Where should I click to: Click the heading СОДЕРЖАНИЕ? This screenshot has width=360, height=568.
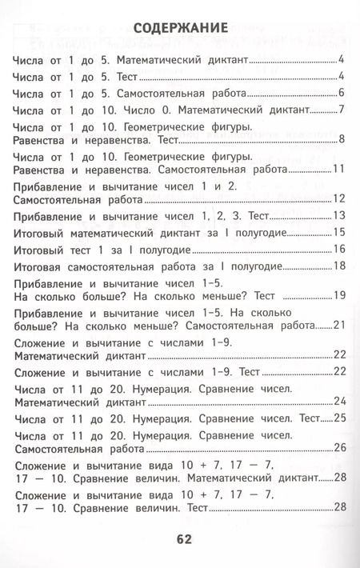180,28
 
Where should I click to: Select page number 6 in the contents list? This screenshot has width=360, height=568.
341,93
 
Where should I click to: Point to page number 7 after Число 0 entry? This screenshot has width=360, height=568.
341,110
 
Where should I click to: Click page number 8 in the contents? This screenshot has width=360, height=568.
341,141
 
